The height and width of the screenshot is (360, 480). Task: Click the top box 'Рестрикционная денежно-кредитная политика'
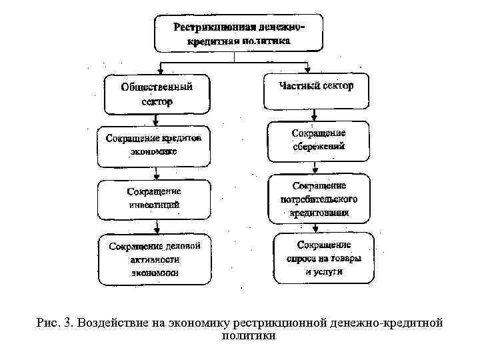(x=239, y=34)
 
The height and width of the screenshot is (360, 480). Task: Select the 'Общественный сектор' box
(x=157, y=94)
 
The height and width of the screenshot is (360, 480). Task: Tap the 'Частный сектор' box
(x=316, y=92)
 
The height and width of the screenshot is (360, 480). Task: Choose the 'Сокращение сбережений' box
(x=318, y=140)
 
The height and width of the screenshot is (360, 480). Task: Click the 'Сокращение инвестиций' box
(x=154, y=199)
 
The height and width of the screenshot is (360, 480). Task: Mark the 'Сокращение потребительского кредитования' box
(x=318, y=199)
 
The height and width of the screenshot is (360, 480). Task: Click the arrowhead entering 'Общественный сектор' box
(x=158, y=71)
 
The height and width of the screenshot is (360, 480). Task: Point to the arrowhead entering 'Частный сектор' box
(x=307, y=69)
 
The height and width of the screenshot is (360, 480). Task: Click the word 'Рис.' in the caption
(x=48, y=323)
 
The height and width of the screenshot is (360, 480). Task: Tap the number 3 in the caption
(x=69, y=323)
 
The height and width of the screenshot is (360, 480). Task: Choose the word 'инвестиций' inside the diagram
(x=154, y=205)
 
